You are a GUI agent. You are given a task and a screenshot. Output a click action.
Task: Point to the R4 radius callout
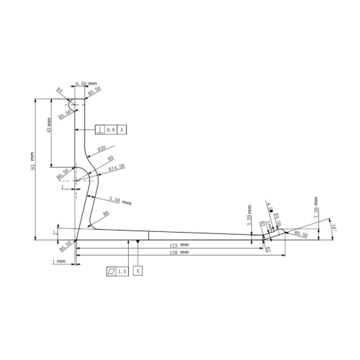point(60,91)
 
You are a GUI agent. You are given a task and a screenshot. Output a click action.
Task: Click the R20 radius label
point(101,149)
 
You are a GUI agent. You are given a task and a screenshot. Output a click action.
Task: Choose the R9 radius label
point(111,159)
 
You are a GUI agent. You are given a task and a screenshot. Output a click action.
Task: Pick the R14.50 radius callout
point(116,167)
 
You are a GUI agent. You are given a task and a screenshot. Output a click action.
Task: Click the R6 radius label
point(105,214)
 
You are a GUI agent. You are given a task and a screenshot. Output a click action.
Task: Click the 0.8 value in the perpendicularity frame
point(111,130)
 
